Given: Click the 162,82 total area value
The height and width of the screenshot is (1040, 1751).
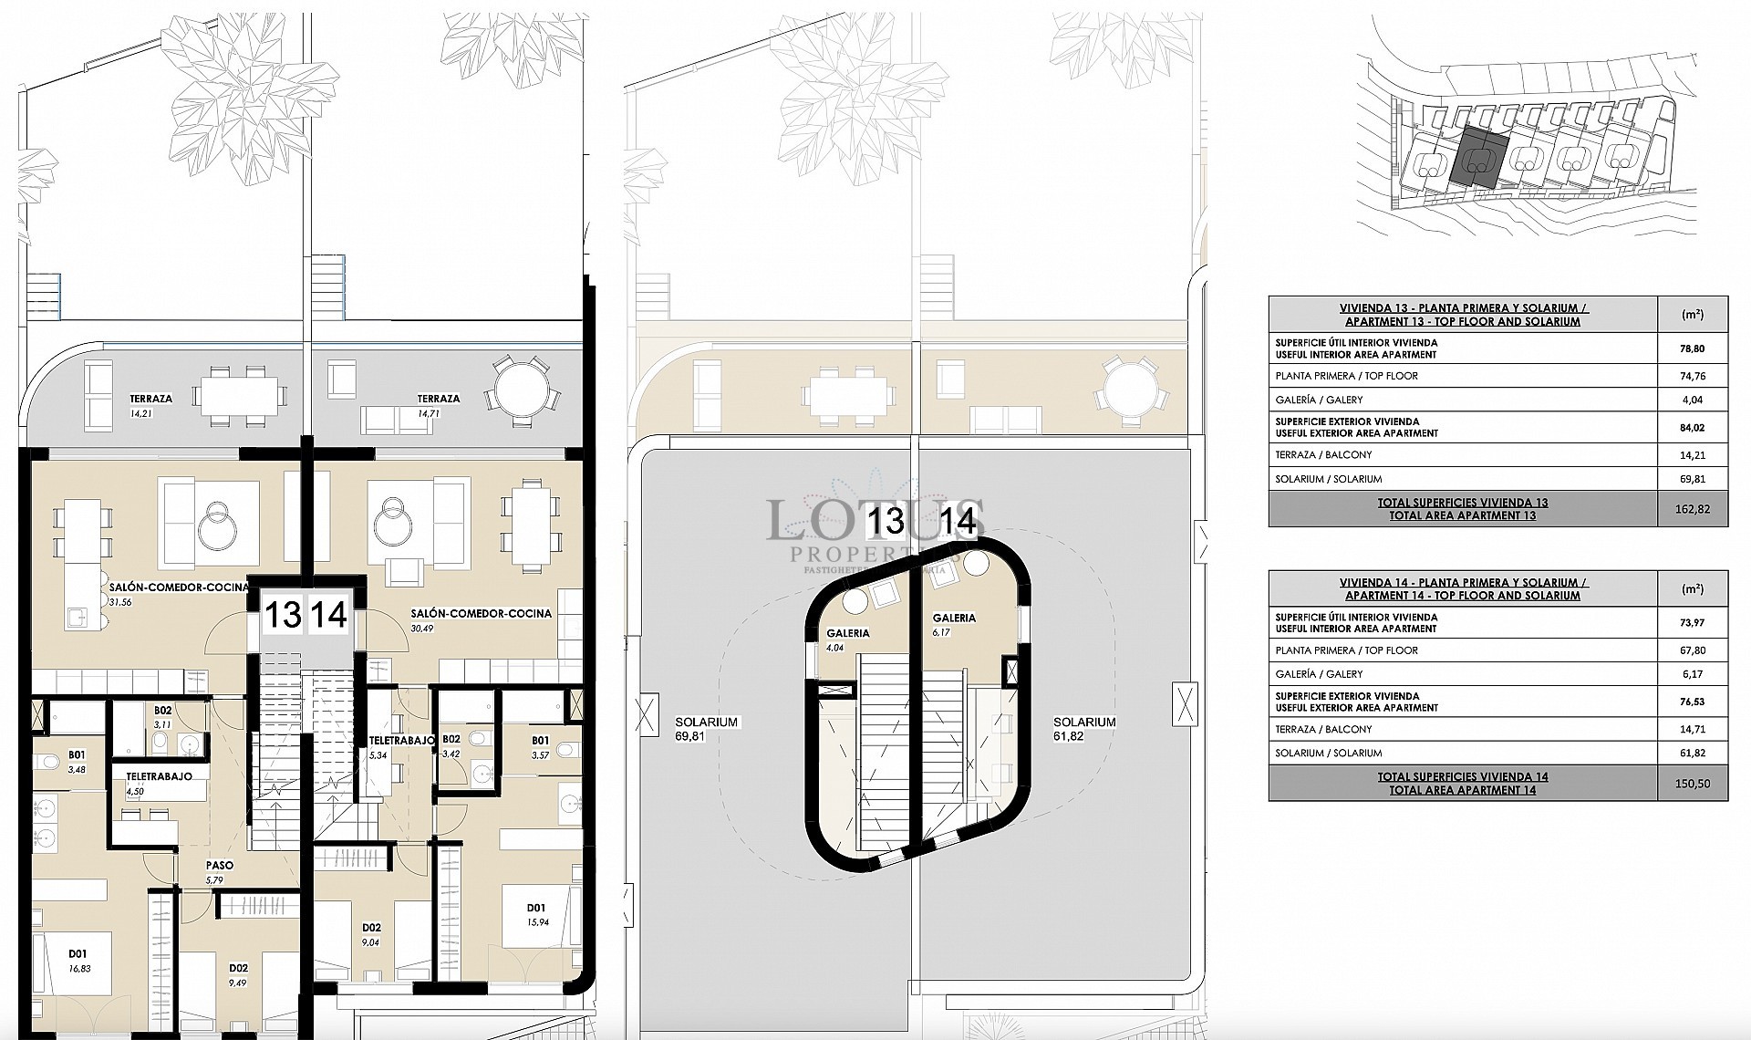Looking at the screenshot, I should [1693, 509].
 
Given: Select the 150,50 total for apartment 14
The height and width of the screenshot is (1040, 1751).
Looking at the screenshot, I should [1693, 784].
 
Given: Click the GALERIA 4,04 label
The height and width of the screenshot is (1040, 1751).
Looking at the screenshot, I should [847, 640].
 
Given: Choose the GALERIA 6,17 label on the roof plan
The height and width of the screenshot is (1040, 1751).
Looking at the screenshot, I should [954, 624].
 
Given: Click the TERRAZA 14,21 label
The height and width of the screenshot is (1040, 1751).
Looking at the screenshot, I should [151, 404].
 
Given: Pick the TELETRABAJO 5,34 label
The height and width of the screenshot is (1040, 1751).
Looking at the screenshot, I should [401, 747].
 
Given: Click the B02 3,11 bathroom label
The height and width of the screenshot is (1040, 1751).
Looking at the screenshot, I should [163, 716].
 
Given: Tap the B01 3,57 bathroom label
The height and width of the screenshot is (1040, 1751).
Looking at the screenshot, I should [541, 748].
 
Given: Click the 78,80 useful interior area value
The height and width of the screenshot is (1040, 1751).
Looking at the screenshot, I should [1693, 348].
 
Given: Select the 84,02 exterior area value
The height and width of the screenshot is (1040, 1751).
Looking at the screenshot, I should [1693, 427].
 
